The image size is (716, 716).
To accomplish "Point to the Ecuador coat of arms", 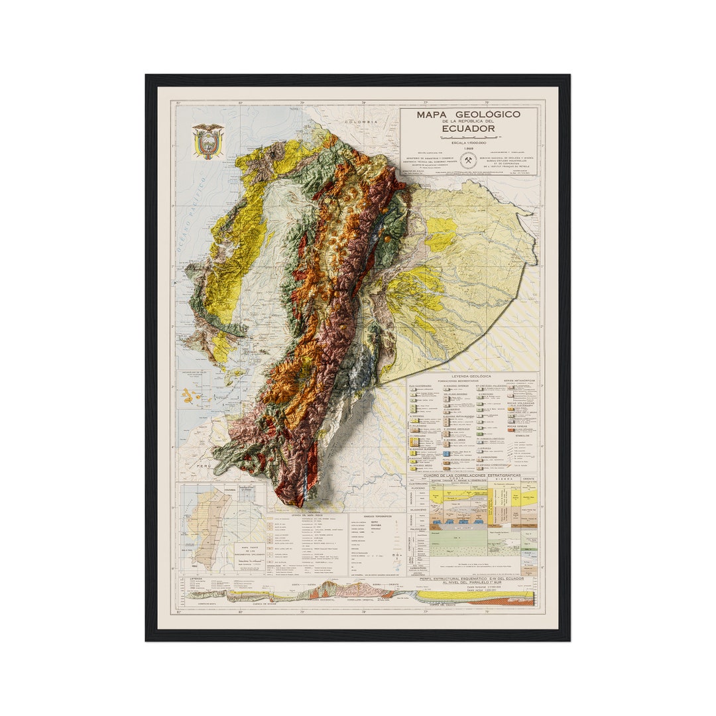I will coord(208,141).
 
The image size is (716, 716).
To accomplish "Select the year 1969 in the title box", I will coord(468,149).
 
